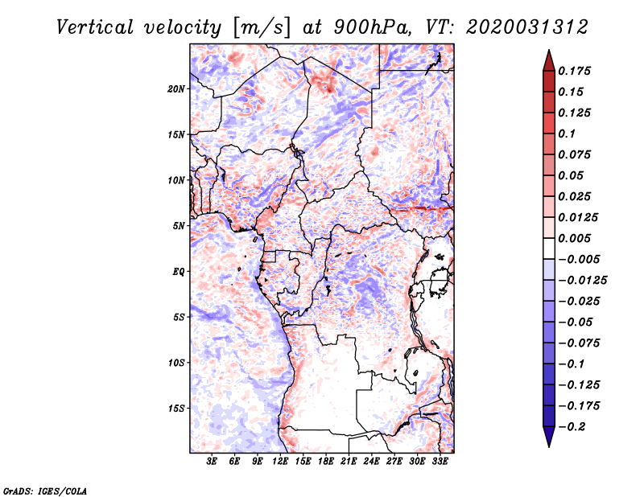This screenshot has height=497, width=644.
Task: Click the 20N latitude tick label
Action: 176,89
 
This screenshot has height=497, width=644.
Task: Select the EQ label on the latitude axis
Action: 179,272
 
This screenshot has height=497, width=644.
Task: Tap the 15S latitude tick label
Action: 176,409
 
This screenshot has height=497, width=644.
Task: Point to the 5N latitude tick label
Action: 179,226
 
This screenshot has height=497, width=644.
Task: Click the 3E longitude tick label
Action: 212,462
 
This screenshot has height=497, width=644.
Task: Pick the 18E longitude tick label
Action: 326,462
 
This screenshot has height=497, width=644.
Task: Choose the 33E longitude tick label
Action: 440,462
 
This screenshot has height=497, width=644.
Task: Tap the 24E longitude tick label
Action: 371,462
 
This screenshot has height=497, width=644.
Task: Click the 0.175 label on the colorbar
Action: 574,71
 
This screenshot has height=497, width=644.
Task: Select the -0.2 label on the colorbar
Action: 572,427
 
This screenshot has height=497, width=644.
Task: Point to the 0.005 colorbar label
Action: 574,238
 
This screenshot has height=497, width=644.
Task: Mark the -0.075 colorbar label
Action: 579,343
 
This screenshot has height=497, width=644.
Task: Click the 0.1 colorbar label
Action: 567,133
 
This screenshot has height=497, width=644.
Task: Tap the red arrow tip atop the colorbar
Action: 549,51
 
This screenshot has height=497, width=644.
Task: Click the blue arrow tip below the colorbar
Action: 549,446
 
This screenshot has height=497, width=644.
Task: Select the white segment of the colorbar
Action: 549,249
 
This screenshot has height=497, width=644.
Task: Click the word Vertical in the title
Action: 95,27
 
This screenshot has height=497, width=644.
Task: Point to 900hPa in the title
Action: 372,27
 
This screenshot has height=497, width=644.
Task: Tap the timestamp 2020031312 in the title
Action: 527,27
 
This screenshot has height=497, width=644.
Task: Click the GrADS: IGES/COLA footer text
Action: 45,491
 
